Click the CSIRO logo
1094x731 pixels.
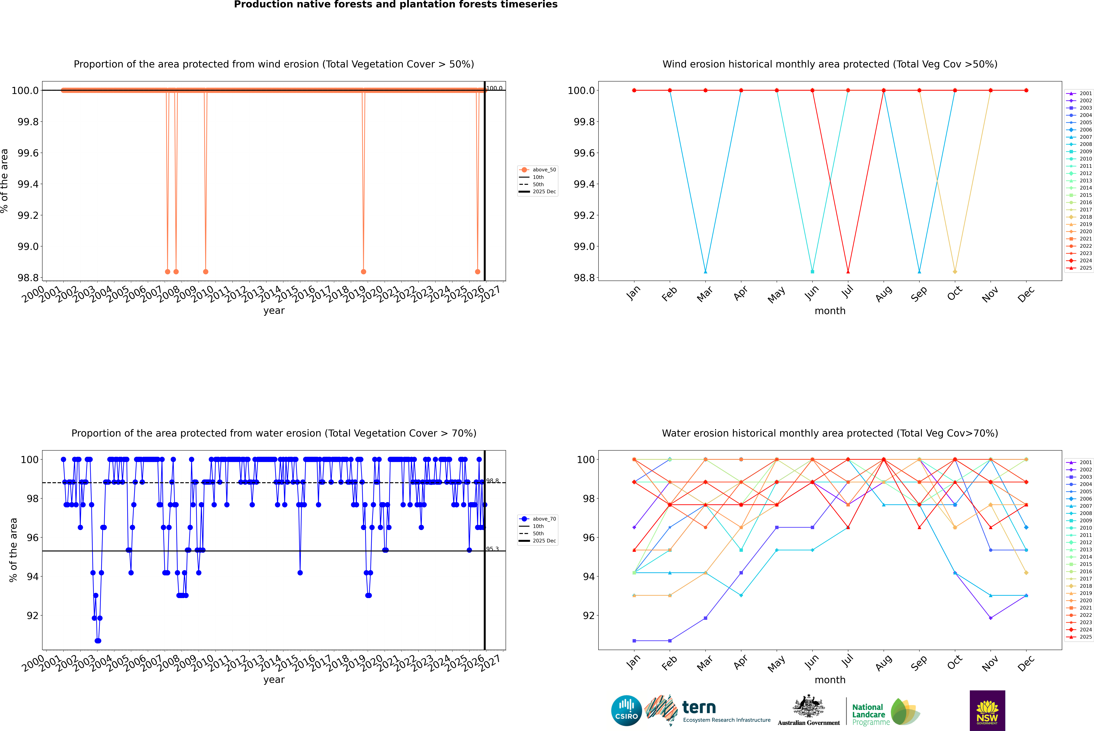(x=626, y=711)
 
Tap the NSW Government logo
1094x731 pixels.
(x=987, y=711)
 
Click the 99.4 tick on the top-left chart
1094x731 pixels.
(x=28, y=184)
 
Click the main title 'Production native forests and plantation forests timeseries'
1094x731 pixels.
(x=395, y=5)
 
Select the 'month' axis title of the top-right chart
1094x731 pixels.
(x=830, y=311)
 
